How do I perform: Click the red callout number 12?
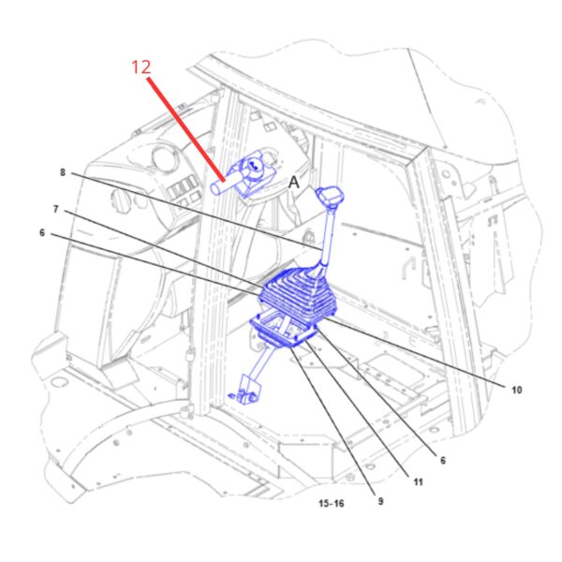click(x=141, y=67)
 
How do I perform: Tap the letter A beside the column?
click(x=294, y=182)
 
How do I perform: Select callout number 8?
click(x=63, y=172)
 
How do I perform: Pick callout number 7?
click(x=55, y=209)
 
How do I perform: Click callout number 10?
click(x=516, y=390)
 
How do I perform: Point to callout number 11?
click(x=419, y=482)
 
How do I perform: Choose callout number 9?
click(x=380, y=501)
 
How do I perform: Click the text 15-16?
click(x=332, y=503)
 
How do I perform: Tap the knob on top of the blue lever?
click(x=330, y=196)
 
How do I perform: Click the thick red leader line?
click(x=186, y=130)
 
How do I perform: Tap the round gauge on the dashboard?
click(x=164, y=157)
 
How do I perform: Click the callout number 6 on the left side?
click(x=42, y=233)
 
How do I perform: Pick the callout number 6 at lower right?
click(x=443, y=460)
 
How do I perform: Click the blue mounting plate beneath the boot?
click(x=283, y=328)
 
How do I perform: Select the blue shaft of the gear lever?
click(x=327, y=238)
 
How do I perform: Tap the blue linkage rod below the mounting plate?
click(x=262, y=362)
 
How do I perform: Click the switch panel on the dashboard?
click(x=185, y=189)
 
